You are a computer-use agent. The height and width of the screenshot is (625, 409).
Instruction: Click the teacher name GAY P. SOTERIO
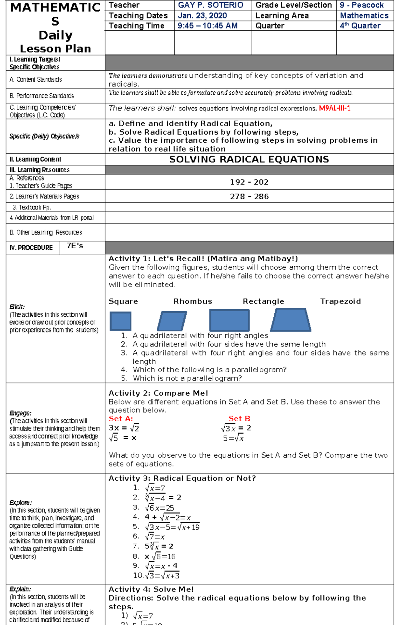click(x=211, y=5)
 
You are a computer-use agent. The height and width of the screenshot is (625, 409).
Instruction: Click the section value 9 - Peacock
click(x=362, y=5)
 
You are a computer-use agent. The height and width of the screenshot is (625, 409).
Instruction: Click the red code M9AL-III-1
click(x=334, y=108)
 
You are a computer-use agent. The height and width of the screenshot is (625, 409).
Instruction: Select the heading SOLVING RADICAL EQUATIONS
click(x=249, y=159)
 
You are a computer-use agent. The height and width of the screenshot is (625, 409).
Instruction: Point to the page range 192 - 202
click(x=249, y=182)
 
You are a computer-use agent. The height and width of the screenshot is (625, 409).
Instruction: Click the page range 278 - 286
click(x=249, y=197)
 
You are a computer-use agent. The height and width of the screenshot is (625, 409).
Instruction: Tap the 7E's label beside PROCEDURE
click(x=75, y=246)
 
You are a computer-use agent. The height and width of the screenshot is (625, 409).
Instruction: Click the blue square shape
click(x=120, y=321)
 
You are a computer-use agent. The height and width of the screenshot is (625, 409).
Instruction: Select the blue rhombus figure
click(x=172, y=321)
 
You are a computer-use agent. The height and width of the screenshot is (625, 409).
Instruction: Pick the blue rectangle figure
click(x=229, y=320)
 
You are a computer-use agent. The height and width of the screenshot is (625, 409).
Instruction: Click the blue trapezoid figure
click(x=291, y=320)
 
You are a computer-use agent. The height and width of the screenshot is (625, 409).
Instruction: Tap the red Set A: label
click(x=121, y=419)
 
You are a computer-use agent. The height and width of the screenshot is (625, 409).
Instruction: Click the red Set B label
click(x=239, y=419)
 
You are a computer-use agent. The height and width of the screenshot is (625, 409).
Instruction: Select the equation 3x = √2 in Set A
click(x=124, y=428)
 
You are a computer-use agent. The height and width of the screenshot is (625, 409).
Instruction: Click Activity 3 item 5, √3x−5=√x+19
click(x=172, y=527)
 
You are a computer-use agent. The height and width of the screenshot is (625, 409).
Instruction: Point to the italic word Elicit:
click(x=17, y=307)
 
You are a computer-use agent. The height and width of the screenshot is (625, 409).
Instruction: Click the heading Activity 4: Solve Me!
click(x=151, y=589)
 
